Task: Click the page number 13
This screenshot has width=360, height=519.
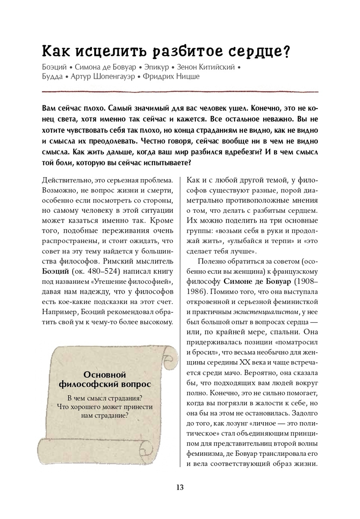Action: pyautogui.click(x=180, y=487)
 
